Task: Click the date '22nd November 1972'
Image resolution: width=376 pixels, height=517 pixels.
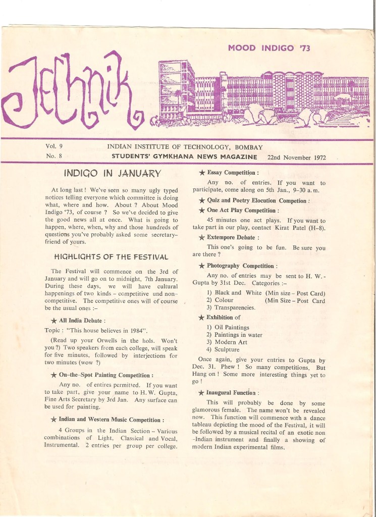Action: point(297,157)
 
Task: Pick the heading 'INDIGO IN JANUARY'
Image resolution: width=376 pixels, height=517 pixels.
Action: point(113,174)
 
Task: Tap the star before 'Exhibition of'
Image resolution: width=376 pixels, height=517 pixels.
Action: point(202,318)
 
